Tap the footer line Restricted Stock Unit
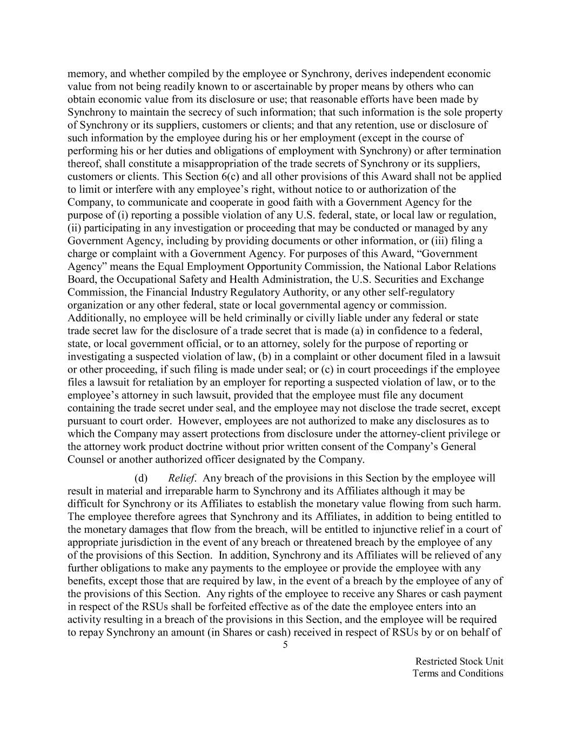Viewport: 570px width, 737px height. coord(459,661)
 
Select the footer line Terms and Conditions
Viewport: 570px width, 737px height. coord(458,673)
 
